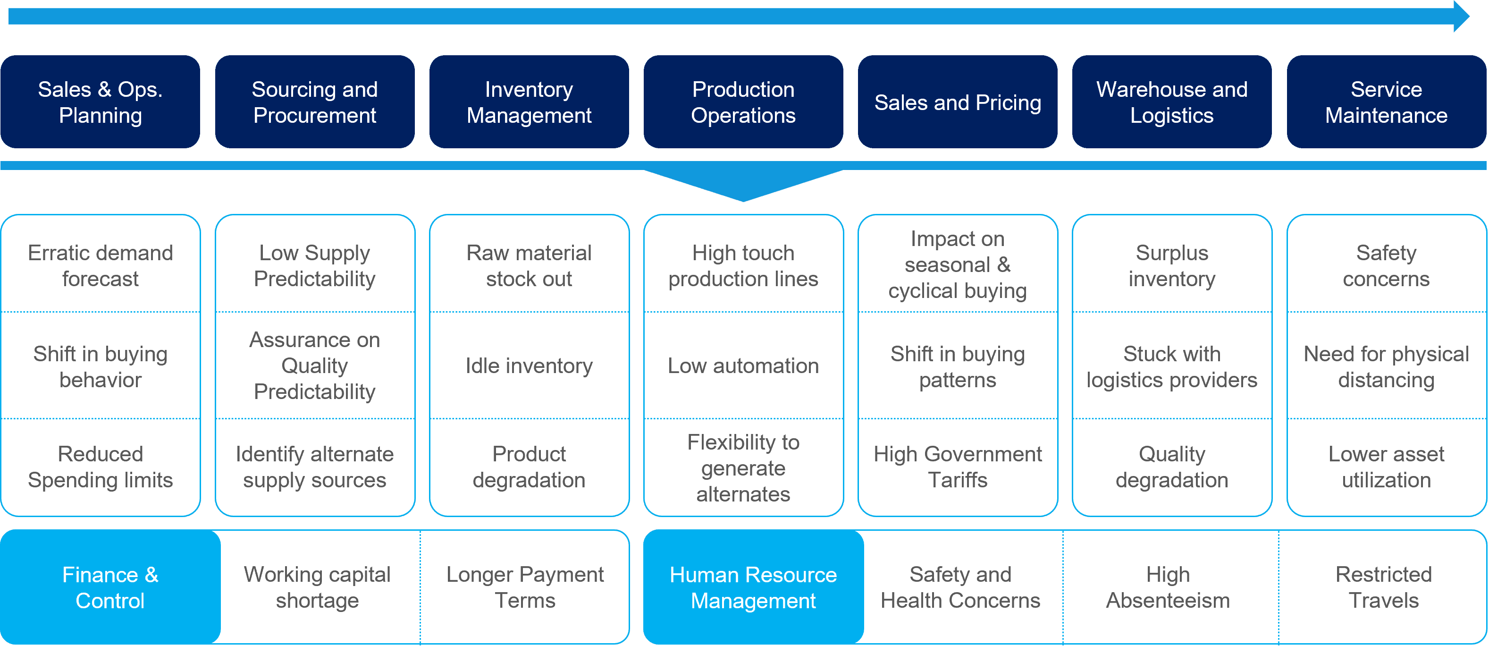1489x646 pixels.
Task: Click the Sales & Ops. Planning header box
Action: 100,102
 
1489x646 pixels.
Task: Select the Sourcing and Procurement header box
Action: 314,102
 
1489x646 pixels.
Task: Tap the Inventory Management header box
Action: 529,102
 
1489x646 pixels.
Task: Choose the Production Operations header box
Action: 743,102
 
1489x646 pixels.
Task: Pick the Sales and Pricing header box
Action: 958,102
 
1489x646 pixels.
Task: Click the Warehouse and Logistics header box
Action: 1172,102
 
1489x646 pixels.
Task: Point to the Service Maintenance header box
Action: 1386,102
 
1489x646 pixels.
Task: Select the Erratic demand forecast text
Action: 100,265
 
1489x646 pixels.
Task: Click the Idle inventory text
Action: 529,365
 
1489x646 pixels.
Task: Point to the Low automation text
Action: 743,365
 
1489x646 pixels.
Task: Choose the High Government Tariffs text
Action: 958,467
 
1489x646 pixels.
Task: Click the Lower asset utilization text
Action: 1386,467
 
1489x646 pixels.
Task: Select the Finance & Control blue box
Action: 110,587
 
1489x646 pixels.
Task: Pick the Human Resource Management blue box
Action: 753,587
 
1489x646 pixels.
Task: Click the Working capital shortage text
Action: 317,587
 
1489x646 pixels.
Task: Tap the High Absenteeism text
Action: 1168,587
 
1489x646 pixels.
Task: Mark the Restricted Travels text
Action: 1383,587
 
